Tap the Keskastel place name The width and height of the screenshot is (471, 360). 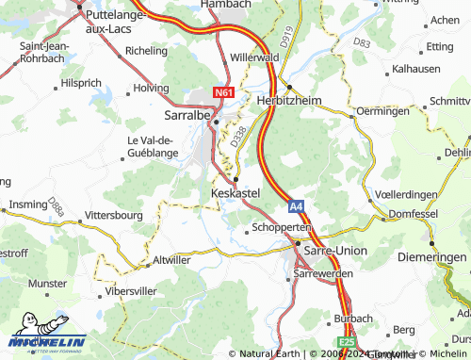pyautogui.click(x=235, y=192)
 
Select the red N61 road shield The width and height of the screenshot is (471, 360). pyautogui.click(x=223, y=92)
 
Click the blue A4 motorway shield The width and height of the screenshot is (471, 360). pyautogui.click(x=296, y=203)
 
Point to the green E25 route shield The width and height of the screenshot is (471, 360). pyautogui.click(x=346, y=343)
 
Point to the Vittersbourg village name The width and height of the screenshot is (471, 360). pyautogui.click(x=120, y=215)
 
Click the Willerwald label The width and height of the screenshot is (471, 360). pyautogui.click(x=255, y=57)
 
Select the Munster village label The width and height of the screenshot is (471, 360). pyautogui.click(x=48, y=283)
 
